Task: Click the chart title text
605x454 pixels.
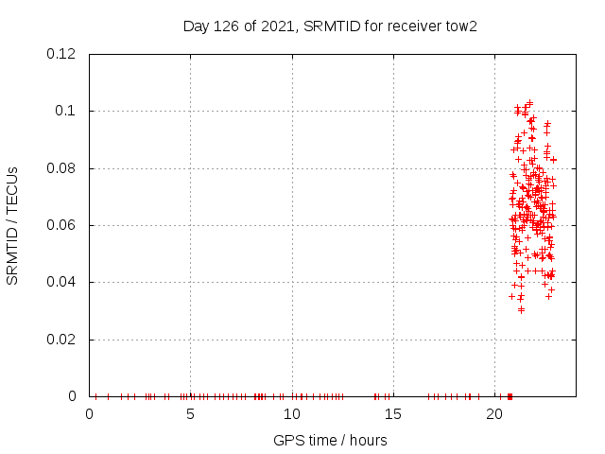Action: tap(330, 26)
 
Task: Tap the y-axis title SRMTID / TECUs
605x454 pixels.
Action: tap(13, 225)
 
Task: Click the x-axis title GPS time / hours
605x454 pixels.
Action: tap(330, 440)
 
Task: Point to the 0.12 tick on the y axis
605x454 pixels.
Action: tap(62, 54)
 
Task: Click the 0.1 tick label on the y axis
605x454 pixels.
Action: tap(68, 111)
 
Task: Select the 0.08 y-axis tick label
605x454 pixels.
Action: tap(62, 168)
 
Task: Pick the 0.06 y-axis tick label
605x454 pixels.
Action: tap(62, 225)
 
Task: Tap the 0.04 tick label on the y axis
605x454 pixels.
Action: tap(62, 282)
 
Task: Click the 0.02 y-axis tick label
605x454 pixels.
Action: tap(62, 340)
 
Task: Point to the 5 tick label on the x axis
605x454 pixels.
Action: tap(191, 414)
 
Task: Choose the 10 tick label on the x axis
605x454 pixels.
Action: tap(292, 414)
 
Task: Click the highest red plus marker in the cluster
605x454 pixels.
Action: tap(529, 102)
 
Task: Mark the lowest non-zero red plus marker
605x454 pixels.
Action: tap(521, 309)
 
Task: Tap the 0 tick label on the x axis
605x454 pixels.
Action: tap(90, 414)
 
